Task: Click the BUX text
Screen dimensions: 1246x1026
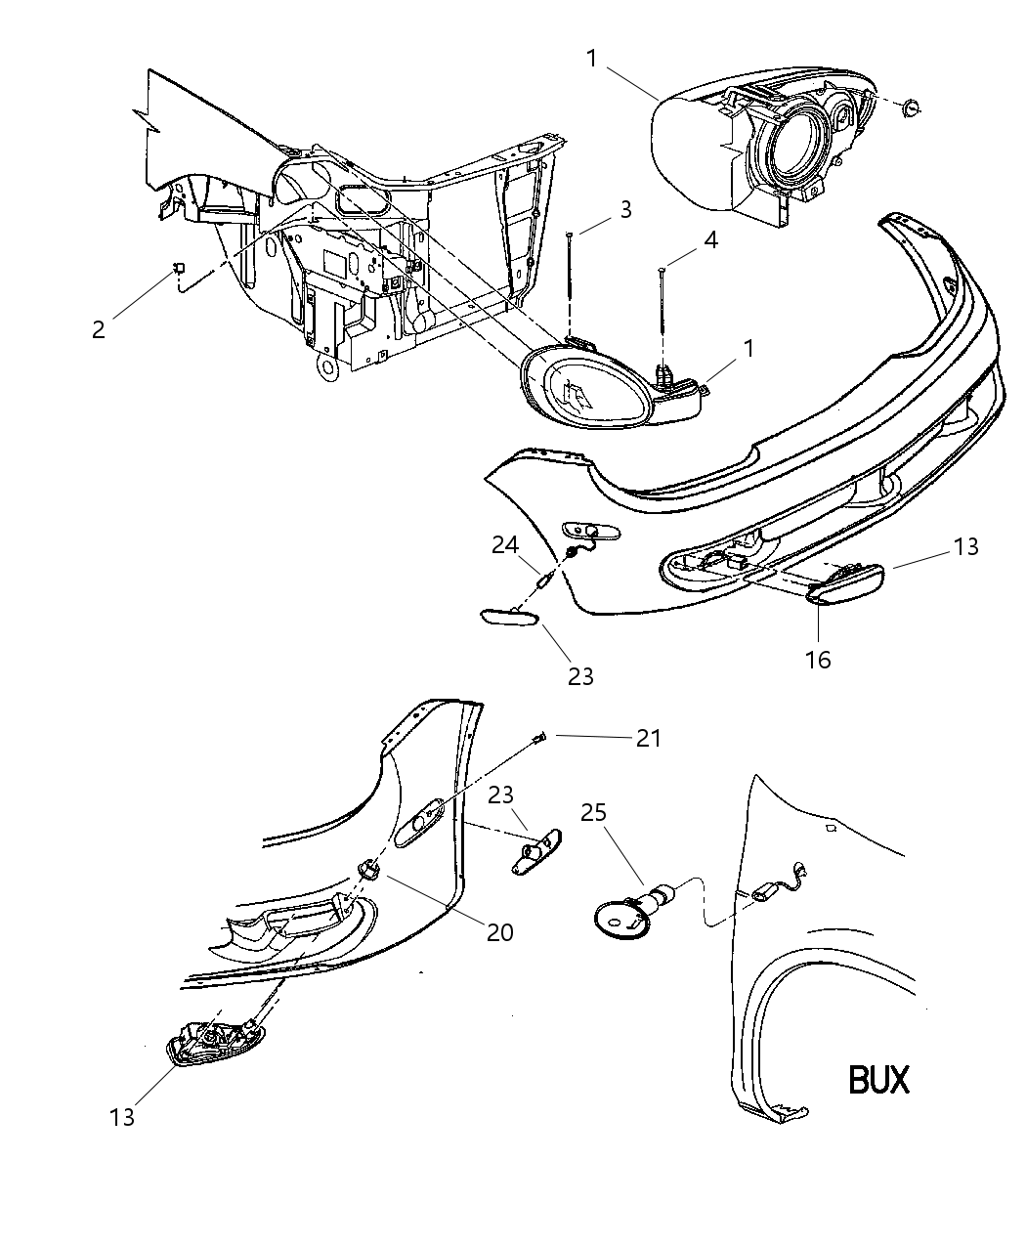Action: pos(877,1079)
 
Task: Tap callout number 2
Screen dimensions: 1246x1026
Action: pos(98,329)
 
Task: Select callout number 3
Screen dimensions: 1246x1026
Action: pos(624,209)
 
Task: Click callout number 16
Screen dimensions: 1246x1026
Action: pos(818,660)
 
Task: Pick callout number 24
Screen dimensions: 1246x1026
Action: pos(505,546)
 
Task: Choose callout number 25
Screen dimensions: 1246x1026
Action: pos(593,812)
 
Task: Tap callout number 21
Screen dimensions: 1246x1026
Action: pos(649,738)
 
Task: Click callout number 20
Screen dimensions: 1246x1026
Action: pos(499,932)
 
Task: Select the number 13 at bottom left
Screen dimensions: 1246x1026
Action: pos(122,1117)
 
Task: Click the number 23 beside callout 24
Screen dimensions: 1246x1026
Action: pos(580,675)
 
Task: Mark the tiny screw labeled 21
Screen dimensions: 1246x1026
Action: pos(539,738)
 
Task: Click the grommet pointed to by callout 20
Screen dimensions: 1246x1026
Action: pos(369,868)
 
